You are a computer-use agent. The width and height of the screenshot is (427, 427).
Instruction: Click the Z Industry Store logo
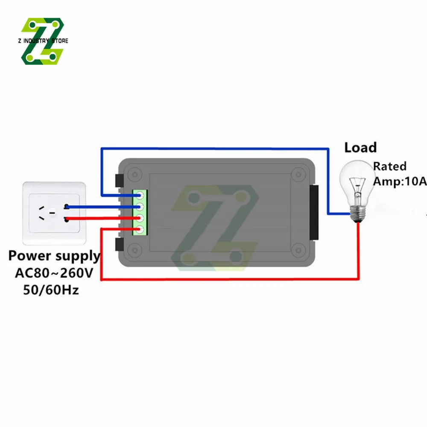pyautogui.click(x=43, y=41)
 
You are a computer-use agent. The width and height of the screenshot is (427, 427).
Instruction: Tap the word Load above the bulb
pyautogui.click(x=360, y=148)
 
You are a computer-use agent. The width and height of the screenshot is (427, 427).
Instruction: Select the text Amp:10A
pyautogui.click(x=400, y=181)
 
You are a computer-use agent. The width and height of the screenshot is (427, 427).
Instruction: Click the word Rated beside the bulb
pyautogui.click(x=390, y=166)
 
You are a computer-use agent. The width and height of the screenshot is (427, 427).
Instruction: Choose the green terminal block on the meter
pyautogui.click(x=140, y=212)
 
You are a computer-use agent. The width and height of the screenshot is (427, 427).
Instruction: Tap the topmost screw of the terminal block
pyautogui.click(x=140, y=195)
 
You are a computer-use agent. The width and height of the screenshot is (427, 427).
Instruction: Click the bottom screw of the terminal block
pyautogui.click(x=140, y=230)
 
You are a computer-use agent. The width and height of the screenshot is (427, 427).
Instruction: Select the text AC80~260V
pyautogui.click(x=54, y=273)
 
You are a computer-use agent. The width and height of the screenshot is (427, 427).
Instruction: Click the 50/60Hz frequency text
pyautogui.click(x=51, y=290)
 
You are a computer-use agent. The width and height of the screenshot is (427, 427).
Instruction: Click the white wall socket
pyautogui.click(x=54, y=213)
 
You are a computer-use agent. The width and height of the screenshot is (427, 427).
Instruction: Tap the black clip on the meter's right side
pyautogui.click(x=314, y=212)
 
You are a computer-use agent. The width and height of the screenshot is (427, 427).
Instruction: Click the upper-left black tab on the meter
pyautogui.click(x=119, y=180)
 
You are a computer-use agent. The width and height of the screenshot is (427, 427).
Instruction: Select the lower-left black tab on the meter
pyautogui.click(x=119, y=244)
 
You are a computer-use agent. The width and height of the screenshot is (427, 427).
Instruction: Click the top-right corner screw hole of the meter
pyautogui.click(x=298, y=174)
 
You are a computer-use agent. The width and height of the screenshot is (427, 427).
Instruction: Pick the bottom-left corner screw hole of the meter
pyautogui.click(x=135, y=250)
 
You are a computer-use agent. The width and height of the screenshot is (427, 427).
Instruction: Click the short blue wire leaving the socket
pyautogui.click(x=103, y=207)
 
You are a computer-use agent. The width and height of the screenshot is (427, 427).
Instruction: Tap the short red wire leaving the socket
pyautogui.click(x=103, y=218)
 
